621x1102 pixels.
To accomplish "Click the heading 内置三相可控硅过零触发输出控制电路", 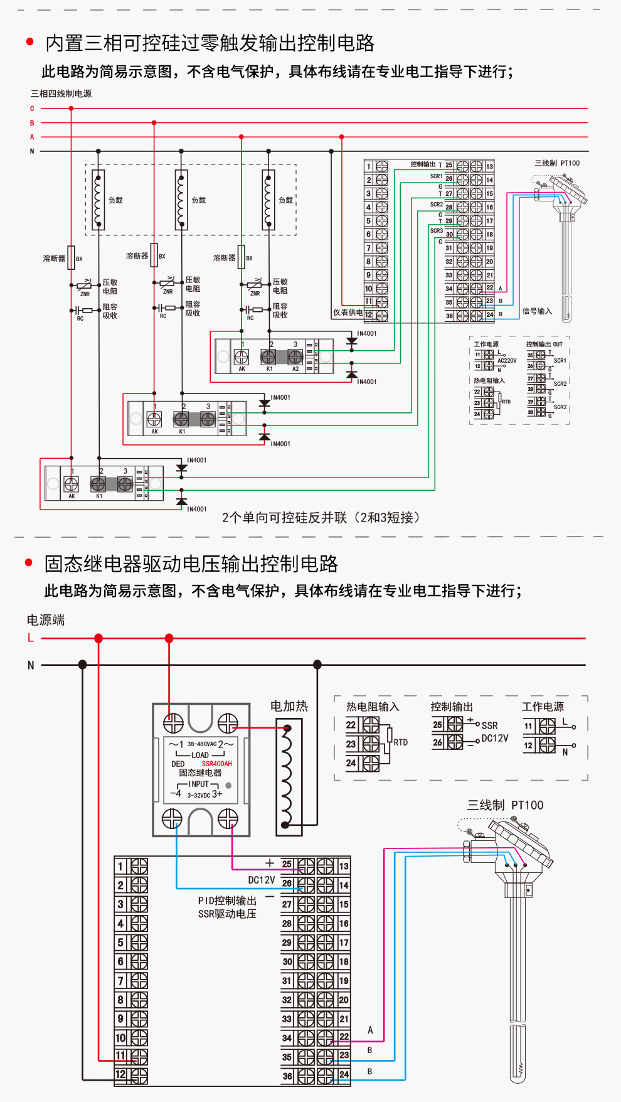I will tap(210, 43).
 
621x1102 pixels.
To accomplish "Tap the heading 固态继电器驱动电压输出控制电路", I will tap(191, 564).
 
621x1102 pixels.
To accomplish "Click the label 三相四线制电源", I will tap(61, 94).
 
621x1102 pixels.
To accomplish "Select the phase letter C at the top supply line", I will tap(32, 109).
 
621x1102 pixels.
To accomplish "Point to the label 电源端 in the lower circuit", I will tap(45, 620).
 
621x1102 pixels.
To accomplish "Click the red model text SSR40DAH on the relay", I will tap(216, 764).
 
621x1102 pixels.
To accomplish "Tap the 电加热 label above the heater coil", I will tap(289, 706).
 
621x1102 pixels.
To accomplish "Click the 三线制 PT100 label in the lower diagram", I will tap(505, 805).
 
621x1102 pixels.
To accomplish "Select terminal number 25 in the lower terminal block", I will tap(287, 864).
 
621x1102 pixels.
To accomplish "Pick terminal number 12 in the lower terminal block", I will tap(120, 1074).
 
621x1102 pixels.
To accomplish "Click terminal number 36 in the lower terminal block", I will tap(287, 1076).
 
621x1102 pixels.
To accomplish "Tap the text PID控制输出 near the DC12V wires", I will tap(227, 901).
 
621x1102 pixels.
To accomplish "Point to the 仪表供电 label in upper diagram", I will tap(348, 313).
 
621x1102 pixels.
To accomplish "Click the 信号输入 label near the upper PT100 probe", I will tap(537, 311).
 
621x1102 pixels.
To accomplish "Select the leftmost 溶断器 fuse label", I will tap(54, 259).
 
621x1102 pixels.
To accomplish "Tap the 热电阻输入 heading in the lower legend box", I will tap(373, 707).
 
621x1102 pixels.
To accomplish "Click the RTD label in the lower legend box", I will tap(400, 742).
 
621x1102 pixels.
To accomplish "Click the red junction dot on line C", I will tap(71, 109).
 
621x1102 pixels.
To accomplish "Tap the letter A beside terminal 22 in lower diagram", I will tap(370, 1030).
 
